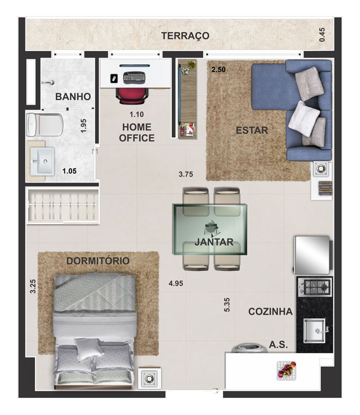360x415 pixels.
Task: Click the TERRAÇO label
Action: [x=185, y=36]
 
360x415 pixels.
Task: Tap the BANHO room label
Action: [x=73, y=96]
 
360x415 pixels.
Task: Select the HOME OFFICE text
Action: [x=136, y=133]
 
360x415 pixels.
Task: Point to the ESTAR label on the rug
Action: [x=251, y=131]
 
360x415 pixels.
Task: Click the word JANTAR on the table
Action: [x=213, y=242]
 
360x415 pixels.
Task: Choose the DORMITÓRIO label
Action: [x=97, y=261]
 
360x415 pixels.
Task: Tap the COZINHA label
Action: [x=270, y=312]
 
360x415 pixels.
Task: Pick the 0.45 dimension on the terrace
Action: [x=322, y=35]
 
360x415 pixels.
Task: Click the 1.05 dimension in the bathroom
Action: [x=69, y=171]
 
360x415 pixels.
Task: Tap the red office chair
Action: [x=132, y=94]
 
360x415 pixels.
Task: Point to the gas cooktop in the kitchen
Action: [x=315, y=287]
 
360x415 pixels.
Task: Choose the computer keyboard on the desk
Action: [x=133, y=77]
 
